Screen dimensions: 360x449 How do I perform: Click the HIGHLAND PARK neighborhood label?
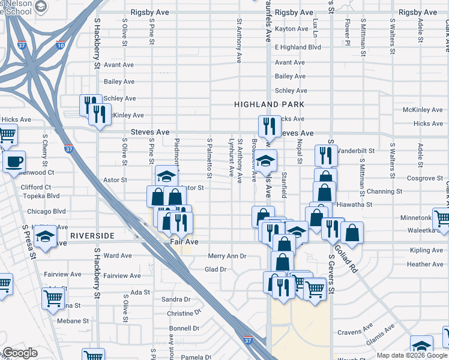(x=270, y=104)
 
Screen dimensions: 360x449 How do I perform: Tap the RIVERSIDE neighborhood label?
(x=91, y=236)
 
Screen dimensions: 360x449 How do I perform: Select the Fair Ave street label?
(x=184, y=241)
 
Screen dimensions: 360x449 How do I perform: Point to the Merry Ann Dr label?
(x=227, y=256)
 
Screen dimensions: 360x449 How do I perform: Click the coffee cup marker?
(x=14, y=161)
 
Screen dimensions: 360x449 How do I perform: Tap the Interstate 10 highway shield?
(x=60, y=44)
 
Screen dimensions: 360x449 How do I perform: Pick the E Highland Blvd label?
(x=298, y=47)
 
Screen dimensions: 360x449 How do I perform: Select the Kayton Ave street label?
(x=291, y=29)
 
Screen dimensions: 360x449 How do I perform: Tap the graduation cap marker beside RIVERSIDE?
(x=45, y=236)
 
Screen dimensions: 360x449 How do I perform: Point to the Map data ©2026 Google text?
(x=412, y=355)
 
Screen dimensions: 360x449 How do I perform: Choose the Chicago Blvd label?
(x=46, y=211)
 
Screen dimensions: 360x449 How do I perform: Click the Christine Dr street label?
(x=179, y=314)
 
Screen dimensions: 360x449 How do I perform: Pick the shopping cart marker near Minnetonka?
(x=442, y=219)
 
